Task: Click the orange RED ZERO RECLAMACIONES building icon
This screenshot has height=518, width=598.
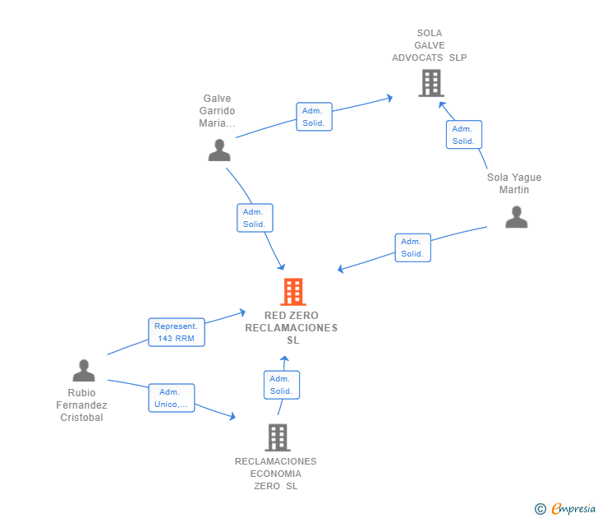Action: click(293, 292)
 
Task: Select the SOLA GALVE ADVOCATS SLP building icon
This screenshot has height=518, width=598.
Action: click(431, 83)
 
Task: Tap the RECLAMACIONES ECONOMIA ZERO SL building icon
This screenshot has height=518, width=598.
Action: click(278, 437)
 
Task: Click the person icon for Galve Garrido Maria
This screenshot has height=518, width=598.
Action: click(219, 150)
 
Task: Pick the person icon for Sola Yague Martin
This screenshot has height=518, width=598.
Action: click(517, 217)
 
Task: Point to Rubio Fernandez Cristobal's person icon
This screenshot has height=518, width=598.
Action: click(84, 370)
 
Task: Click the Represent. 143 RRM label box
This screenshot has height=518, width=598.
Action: click(177, 332)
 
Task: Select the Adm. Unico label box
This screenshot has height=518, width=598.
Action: click(171, 398)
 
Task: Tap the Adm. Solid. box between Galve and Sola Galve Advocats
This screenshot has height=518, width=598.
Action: click(315, 117)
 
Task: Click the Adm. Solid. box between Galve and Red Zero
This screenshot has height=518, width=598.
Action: click(255, 218)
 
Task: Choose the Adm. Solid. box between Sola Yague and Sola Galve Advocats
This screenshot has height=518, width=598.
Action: click(464, 134)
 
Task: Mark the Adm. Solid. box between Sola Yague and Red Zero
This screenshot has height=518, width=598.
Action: click(413, 247)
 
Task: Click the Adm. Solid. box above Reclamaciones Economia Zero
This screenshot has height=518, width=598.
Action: click(282, 385)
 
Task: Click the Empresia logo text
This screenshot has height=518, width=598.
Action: click(573, 508)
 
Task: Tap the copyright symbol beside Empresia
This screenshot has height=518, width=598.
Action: click(540, 509)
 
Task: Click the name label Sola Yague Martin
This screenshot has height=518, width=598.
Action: click(514, 183)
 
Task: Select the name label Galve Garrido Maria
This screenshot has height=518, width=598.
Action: click(217, 111)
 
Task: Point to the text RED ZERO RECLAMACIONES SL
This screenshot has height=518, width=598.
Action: click(292, 327)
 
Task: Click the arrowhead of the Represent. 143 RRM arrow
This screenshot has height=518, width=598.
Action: click(242, 312)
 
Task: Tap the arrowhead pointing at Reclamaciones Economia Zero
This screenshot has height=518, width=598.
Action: click(232, 416)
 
